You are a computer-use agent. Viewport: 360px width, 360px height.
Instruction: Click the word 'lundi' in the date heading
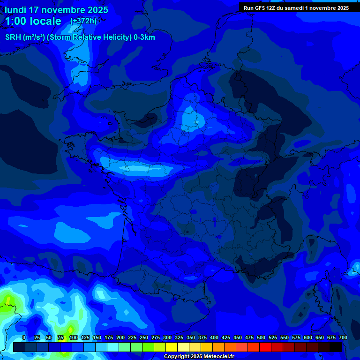click(15, 10)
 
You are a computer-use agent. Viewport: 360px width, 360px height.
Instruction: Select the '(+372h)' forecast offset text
click(83, 21)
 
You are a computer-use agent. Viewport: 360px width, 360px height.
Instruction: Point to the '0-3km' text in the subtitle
click(144, 37)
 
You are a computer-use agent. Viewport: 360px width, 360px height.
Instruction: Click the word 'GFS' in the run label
click(261, 8)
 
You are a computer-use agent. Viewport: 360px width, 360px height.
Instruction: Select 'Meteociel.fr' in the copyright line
click(219, 357)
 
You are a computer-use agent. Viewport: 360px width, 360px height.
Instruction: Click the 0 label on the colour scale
click(24, 338)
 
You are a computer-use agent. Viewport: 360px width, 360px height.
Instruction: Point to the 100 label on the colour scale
click(73, 338)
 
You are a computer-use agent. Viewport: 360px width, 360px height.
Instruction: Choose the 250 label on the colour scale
click(144, 338)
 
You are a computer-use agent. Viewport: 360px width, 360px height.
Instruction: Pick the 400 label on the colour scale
click(214, 338)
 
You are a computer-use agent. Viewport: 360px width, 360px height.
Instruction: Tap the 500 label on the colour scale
click(261, 338)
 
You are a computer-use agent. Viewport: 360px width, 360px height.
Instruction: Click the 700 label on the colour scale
click(343, 338)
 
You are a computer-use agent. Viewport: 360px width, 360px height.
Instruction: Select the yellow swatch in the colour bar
click(172, 347)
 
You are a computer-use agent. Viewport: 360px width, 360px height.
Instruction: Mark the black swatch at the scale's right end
click(336, 347)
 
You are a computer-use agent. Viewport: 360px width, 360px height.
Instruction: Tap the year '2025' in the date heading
click(95, 10)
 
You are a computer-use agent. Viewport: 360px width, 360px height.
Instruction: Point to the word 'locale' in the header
click(44, 21)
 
